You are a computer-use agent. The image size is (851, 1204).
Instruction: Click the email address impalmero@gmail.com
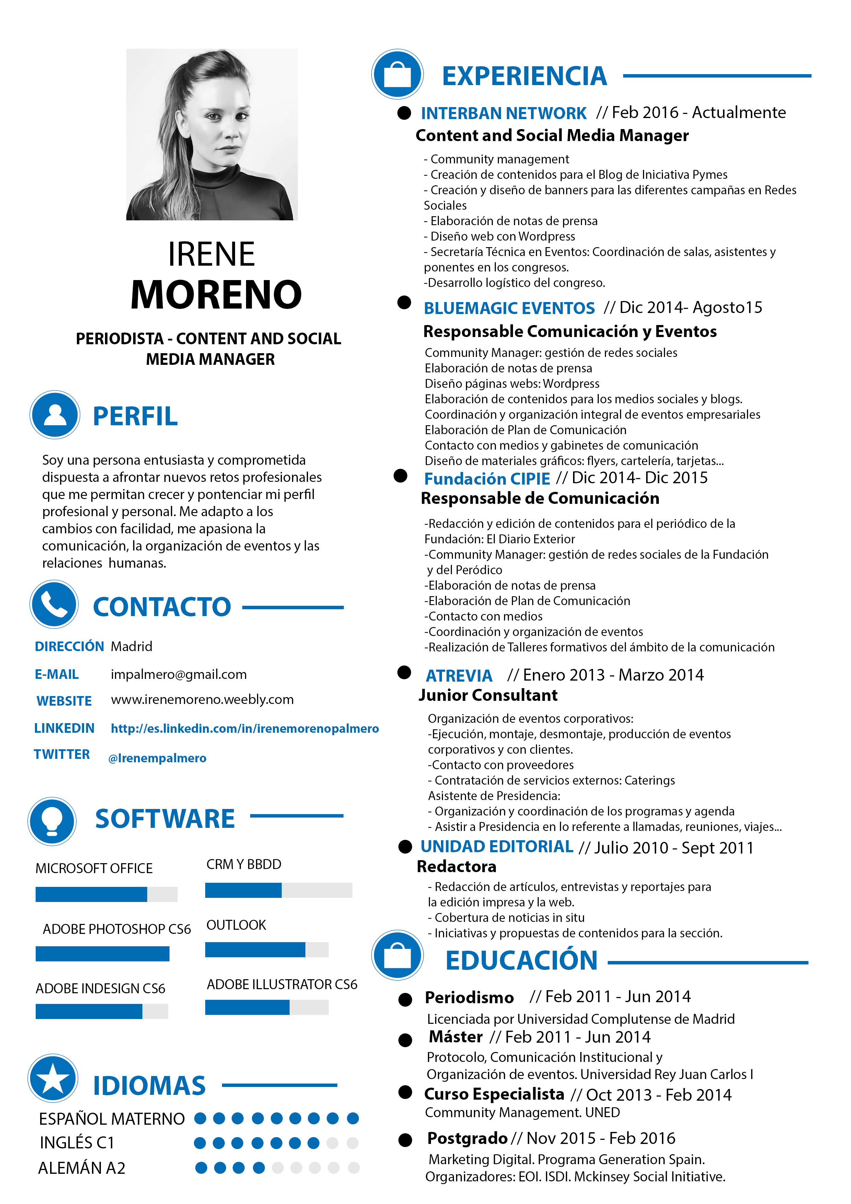click(x=178, y=674)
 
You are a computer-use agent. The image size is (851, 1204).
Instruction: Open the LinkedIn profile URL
click(x=244, y=728)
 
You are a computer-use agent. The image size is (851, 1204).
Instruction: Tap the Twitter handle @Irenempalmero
click(x=157, y=758)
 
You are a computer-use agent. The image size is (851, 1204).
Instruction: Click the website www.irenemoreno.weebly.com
click(x=202, y=699)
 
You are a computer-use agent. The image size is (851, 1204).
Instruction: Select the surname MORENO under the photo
click(x=216, y=295)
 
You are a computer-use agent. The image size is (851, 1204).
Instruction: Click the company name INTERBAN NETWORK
click(x=503, y=113)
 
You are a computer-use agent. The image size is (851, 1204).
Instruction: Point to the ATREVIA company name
click(x=459, y=676)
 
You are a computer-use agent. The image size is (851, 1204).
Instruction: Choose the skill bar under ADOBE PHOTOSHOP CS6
click(x=102, y=953)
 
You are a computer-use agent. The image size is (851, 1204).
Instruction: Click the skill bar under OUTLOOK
click(x=266, y=949)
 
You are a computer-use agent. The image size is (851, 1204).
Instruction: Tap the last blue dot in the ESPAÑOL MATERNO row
click(x=353, y=1119)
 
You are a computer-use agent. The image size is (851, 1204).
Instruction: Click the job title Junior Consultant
click(x=488, y=695)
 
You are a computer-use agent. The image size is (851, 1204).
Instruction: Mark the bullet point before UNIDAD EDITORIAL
click(x=405, y=847)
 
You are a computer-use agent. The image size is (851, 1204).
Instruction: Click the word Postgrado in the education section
click(x=467, y=1138)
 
